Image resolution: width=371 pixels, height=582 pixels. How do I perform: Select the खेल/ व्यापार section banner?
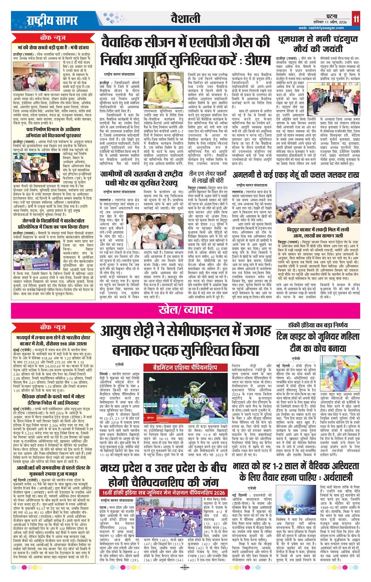click(x=185, y=308)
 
